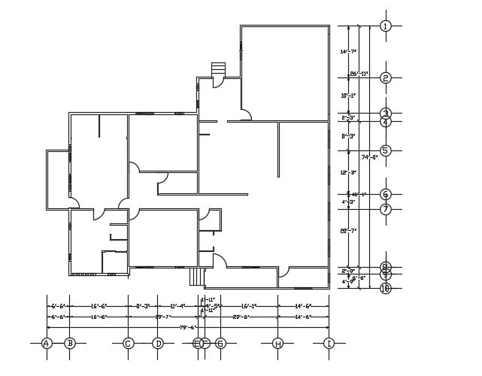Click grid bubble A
pos(47,344)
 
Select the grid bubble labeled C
pos(128,344)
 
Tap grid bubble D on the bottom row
pos(158,344)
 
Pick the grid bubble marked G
pos(220,344)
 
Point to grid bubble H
pos(277,344)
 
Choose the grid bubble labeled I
pos(329,344)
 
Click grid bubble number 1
pos(386,26)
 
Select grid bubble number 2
pos(386,77)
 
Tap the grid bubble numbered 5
pos(386,150)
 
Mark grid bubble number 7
pos(386,209)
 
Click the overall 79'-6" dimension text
pos(187,327)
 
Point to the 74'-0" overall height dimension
pos(368,157)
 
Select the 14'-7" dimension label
pos(348,52)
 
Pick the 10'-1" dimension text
pos(348,96)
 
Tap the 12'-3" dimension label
pos(348,172)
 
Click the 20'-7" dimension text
pos(348,231)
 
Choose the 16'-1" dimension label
pos(249,306)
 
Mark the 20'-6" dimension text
pos(241,317)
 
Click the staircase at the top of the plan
pos(219,69)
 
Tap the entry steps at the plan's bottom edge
pos(197,277)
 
